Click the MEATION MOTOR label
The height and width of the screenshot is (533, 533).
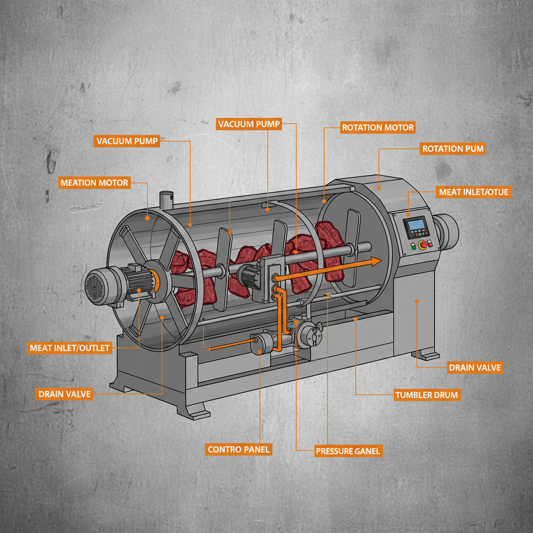click(94, 183)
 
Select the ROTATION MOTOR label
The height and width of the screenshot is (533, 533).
click(377, 128)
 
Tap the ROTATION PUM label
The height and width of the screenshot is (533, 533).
click(453, 149)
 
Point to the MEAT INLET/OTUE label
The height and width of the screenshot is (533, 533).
click(474, 192)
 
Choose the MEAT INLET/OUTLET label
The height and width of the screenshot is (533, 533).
click(70, 348)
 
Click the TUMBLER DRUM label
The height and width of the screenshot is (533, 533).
click(427, 395)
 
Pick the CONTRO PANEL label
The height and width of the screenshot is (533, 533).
click(239, 449)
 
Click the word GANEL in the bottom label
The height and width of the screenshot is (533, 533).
click(367, 451)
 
